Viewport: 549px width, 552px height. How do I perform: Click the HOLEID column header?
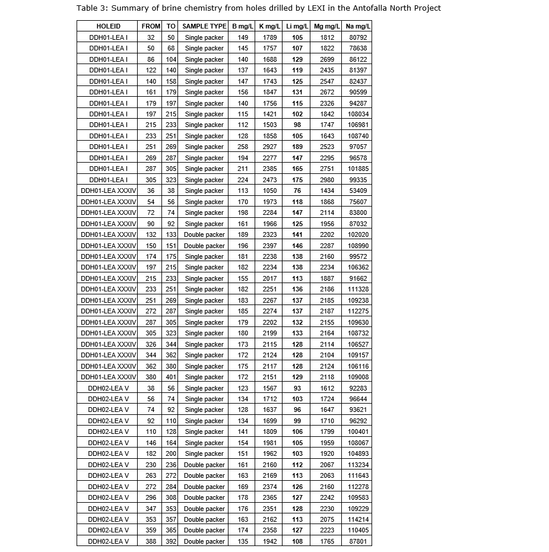108,27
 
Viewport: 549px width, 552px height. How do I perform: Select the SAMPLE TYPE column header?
204,27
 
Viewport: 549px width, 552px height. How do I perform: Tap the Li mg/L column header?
297,27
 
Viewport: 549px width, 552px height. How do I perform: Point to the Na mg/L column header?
358,27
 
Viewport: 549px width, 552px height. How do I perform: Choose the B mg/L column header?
243,27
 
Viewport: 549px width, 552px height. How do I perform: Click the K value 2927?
270,147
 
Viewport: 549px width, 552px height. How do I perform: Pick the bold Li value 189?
297,147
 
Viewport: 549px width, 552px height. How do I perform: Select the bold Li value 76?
297,191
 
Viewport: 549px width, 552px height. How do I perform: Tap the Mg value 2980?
327,180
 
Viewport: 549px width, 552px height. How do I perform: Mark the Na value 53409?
358,191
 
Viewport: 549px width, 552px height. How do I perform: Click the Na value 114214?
358,519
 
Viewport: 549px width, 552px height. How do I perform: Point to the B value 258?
243,147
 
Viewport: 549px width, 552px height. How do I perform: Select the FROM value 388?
151,541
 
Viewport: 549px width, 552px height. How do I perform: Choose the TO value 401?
171,377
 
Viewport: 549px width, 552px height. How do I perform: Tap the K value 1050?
270,191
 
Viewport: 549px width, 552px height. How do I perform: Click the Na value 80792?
358,37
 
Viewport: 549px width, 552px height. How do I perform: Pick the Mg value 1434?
327,191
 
